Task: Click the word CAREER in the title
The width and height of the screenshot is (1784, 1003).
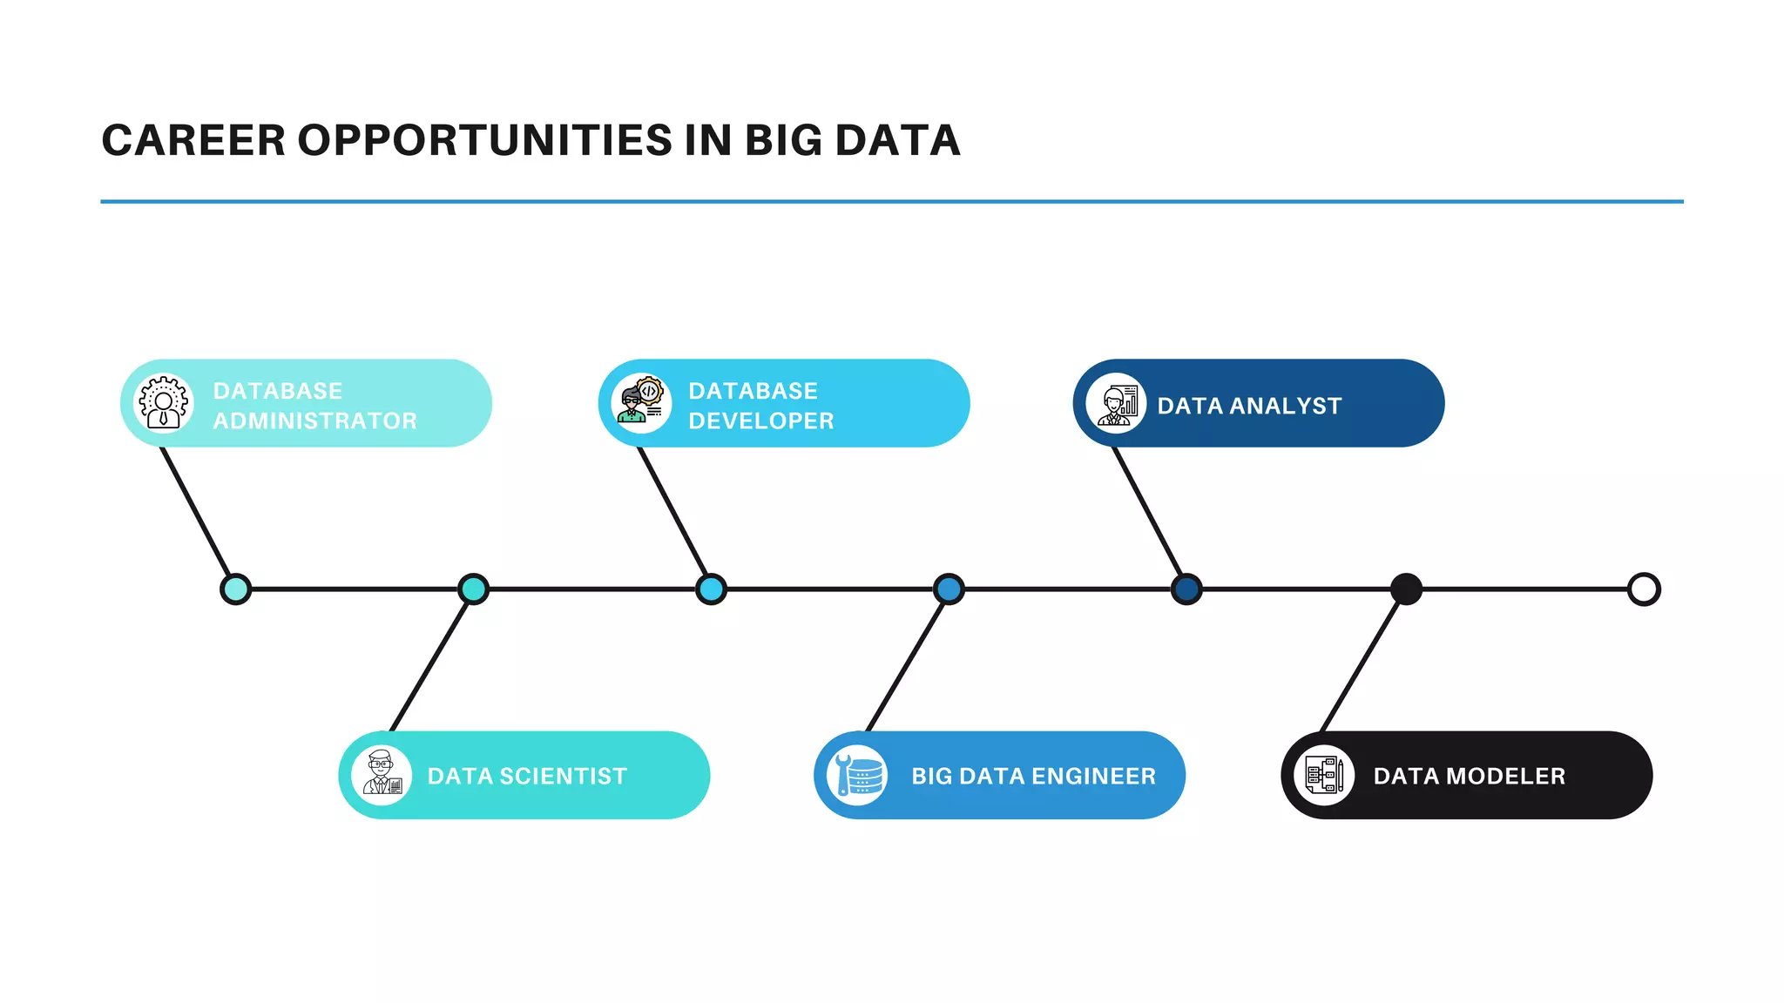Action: tap(193, 140)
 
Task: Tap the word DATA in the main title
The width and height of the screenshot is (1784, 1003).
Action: tap(896, 140)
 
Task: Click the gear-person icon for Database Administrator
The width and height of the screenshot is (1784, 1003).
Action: tap(163, 403)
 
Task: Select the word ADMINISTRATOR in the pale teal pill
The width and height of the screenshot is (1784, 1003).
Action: tap(314, 421)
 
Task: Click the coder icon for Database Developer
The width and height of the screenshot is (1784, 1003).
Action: tap(641, 403)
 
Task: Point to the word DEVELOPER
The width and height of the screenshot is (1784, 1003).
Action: tap(760, 421)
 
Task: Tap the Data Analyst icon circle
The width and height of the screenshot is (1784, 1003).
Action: tap(1116, 403)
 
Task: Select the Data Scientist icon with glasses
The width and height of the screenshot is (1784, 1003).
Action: tap(382, 775)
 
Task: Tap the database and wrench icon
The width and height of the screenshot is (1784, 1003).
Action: tap(857, 775)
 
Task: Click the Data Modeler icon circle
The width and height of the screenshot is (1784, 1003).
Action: tap(1324, 775)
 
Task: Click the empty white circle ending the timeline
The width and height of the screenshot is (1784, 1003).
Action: tap(1644, 589)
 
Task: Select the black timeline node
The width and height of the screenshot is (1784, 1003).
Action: tap(1406, 589)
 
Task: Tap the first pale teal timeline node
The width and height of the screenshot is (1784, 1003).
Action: tap(235, 589)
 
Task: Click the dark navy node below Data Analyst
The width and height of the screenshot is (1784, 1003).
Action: tap(1186, 589)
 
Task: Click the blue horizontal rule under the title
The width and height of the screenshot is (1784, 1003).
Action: tap(892, 201)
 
